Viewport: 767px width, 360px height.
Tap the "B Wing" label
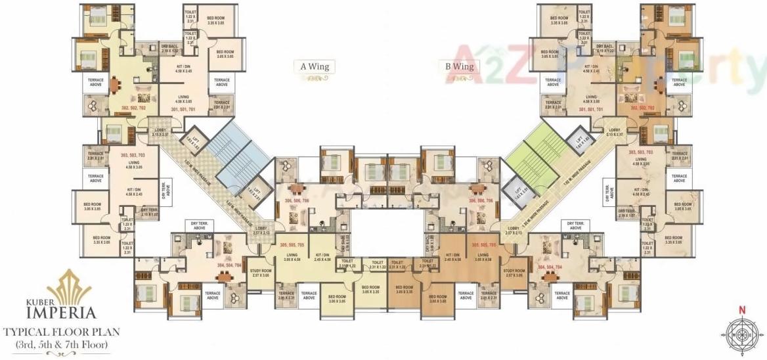pos(460,66)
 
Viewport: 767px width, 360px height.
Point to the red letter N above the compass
pos(742,310)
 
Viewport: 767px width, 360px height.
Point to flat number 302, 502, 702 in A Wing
pos(134,107)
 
